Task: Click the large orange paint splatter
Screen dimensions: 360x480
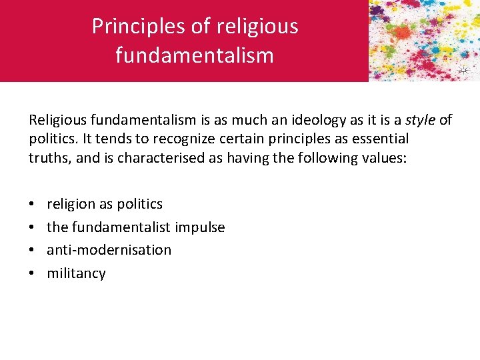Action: [402, 32]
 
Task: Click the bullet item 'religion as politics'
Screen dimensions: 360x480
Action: [105, 204]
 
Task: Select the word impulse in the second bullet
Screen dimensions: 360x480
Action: [201, 227]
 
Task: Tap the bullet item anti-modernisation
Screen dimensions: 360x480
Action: [109, 250]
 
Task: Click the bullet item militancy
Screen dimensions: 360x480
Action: [76, 273]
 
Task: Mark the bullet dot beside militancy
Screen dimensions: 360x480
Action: [32, 273]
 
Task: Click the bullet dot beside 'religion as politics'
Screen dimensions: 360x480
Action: [32, 204]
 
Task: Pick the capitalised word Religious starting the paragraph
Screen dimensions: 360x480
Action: [57, 120]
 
